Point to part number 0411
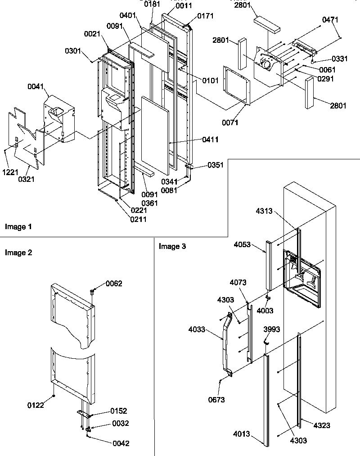[211, 140]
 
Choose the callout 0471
[330, 20]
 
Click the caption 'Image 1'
[18, 226]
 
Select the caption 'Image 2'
[18, 253]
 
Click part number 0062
[114, 283]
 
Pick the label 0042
[121, 443]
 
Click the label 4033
[197, 330]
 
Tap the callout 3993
[272, 330]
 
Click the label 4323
[323, 425]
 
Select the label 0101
[210, 81]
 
